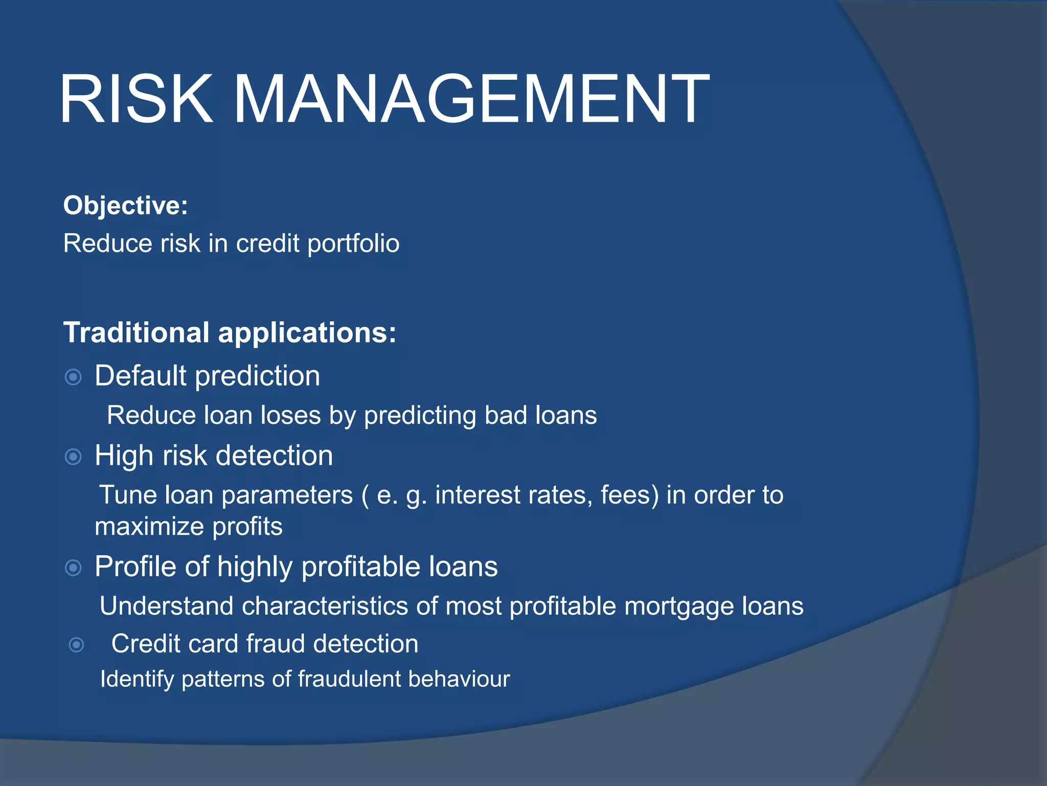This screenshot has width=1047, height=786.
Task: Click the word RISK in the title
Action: [x=136, y=99]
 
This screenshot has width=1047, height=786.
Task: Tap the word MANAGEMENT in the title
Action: [x=470, y=99]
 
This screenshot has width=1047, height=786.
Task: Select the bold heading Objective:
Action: [x=126, y=206]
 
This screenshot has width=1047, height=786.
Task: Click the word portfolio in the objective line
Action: [x=353, y=244]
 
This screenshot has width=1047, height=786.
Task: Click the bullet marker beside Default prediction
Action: [x=74, y=378]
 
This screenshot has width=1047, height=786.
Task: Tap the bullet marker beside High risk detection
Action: [x=74, y=456]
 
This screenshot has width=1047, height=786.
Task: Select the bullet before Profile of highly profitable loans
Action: [x=74, y=567]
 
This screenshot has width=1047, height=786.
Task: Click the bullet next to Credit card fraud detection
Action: [x=76, y=645]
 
